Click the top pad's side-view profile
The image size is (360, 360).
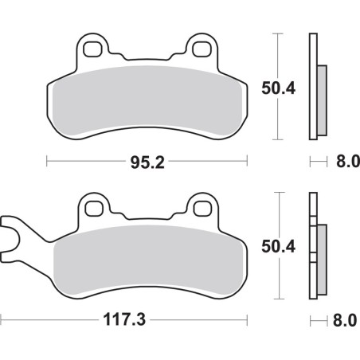[x=317, y=88]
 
